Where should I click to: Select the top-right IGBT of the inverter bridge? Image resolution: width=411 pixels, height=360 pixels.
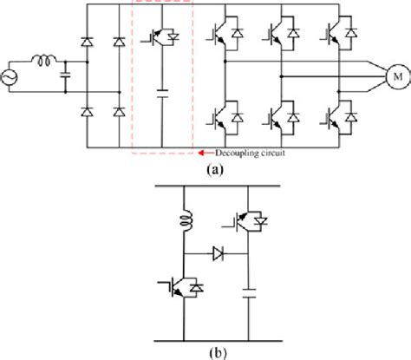[338, 35]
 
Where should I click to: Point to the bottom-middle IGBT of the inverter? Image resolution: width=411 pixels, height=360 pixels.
[280, 116]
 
